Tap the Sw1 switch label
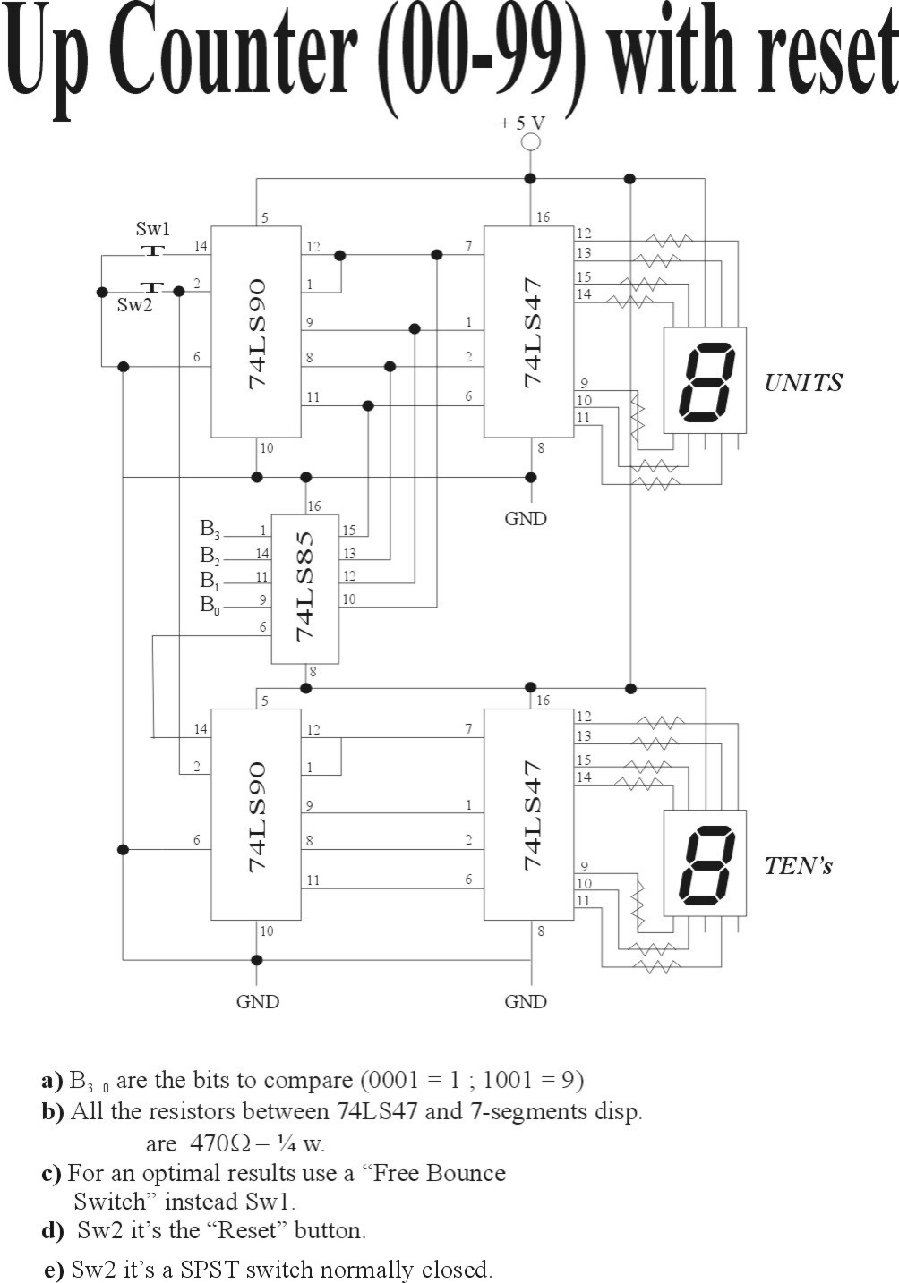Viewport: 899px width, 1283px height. click(x=152, y=229)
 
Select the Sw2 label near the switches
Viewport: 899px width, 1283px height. click(x=134, y=305)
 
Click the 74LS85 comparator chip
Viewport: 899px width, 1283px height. click(x=305, y=589)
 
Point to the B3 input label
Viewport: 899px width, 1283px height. click(x=210, y=529)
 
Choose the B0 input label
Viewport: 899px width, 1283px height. click(x=210, y=605)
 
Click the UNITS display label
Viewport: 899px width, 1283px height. click(x=803, y=383)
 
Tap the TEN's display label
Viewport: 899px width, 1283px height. click(x=799, y=865)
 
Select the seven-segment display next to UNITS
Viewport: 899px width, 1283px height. click(x=705, y=380)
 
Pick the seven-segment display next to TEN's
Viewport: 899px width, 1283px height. click(x=705, y=862)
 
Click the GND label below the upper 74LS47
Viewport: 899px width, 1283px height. click(x=526, y=519)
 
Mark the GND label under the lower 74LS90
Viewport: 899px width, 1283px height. click(x=257, y=1002)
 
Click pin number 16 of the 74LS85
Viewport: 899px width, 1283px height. click(x=314, y=506)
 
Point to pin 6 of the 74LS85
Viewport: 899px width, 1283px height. click(x=263, y=627)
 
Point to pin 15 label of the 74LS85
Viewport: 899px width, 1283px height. click(x=348, y=531)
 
